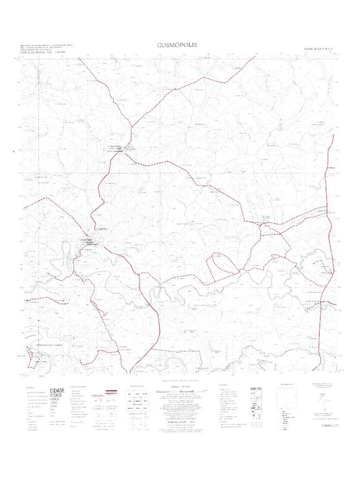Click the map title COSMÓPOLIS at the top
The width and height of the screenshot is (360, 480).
(174, 45)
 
